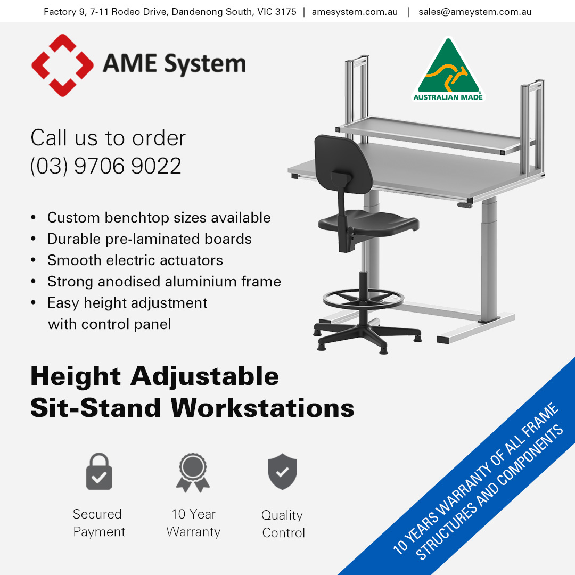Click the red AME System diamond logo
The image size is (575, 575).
[x=62, y=65]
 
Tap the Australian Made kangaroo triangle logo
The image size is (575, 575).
[x=448, y=70]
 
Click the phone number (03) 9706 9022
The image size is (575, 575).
[x=105, y=166]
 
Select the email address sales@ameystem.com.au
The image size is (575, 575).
[x=475, y=12]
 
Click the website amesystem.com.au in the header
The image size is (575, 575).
[x=355, y=12]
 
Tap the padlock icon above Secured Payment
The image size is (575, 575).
[x=99, y=471]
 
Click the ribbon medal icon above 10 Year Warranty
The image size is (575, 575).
[x=193, y=473]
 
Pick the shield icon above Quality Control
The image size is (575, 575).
[x=282, y=471]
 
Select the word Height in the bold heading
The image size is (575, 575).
[x=76, y=376]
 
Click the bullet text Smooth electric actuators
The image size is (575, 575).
[x=135, y=260]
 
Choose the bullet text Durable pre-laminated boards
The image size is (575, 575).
[x=149, y=239]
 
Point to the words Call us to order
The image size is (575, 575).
[x=108, y=138]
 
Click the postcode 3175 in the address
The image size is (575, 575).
[x=286, y=12]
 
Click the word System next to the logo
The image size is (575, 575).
[x=204, y=64]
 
